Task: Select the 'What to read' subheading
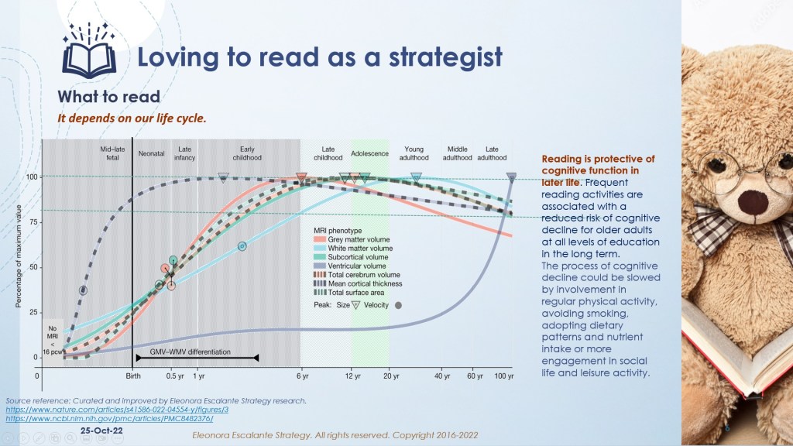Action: point(108,97)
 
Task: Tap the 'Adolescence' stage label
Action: point(369,154)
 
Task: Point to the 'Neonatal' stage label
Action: point(151,154)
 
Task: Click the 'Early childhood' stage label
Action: point(247,153)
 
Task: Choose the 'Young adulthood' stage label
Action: point(414,153)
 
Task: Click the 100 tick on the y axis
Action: point(31,177)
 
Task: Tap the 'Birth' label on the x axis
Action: point(133,376)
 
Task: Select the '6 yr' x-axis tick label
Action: point(300,376)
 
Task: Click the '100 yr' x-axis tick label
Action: point(505,376)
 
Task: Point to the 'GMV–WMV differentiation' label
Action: point(190,352)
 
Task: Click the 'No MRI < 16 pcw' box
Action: point(52,338)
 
